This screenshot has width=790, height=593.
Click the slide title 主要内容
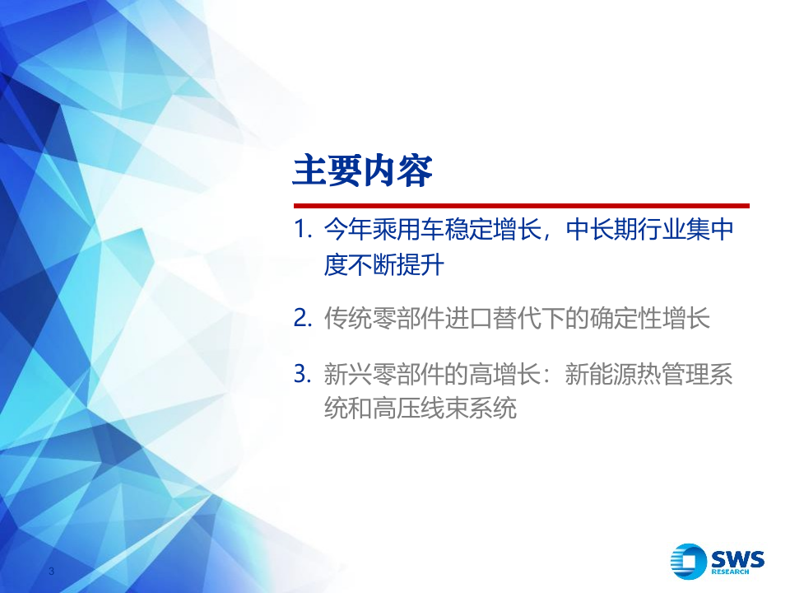click(x=363, y=171)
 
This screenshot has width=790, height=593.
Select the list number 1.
click(x=302, y=231)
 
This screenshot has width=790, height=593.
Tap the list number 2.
click(x=302, y=319)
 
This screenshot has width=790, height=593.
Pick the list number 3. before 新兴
click(x=302, y=376)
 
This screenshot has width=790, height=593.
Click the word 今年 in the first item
click(x=346, y=231)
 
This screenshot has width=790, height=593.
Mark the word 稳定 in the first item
click(x=467, y=231)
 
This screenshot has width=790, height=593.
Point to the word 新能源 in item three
click(x=600, y=376)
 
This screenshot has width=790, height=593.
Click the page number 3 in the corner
click(x=52, y=572)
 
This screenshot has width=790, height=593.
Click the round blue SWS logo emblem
click(x=687, y=562)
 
